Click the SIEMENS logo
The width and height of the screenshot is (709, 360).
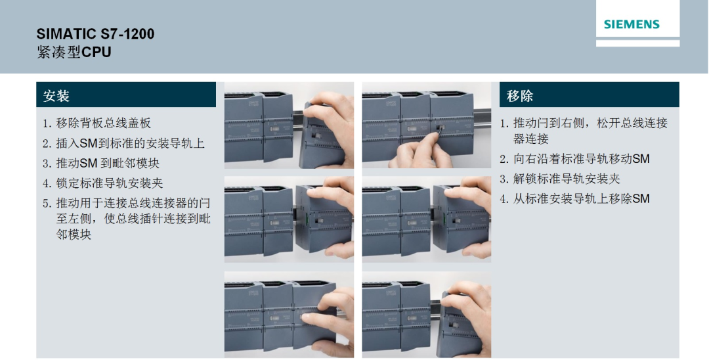coord(632,25)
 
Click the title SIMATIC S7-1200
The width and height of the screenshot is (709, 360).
coord(95,34)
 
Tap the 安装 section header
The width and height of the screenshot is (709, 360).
coord(56,95)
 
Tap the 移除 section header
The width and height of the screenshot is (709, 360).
coord(520,95)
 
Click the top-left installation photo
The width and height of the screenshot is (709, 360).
coord(289,126)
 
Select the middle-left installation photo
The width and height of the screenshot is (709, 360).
coord(289,219)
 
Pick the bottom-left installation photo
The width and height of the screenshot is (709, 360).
coord(289,314)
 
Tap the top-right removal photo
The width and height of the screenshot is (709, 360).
coord(426,126)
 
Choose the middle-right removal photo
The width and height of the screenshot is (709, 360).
coord(426,219)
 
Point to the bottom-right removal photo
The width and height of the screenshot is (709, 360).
coord(426,314)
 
